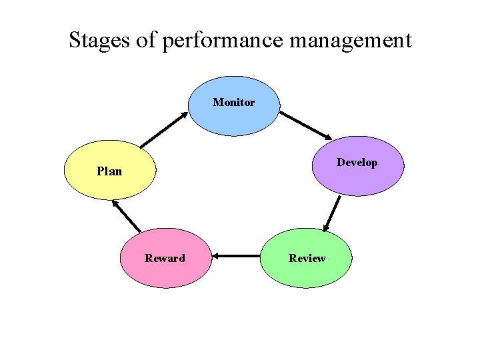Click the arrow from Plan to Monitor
tap(164, 129)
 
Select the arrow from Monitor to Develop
tap(303, 125)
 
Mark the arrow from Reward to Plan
tap(127, 216)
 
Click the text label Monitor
tap(233, 103)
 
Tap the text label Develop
tap(357, 163)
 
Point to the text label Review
tap(307, 258)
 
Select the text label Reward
tap(165, 258)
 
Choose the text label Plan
tap(109, 171)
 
